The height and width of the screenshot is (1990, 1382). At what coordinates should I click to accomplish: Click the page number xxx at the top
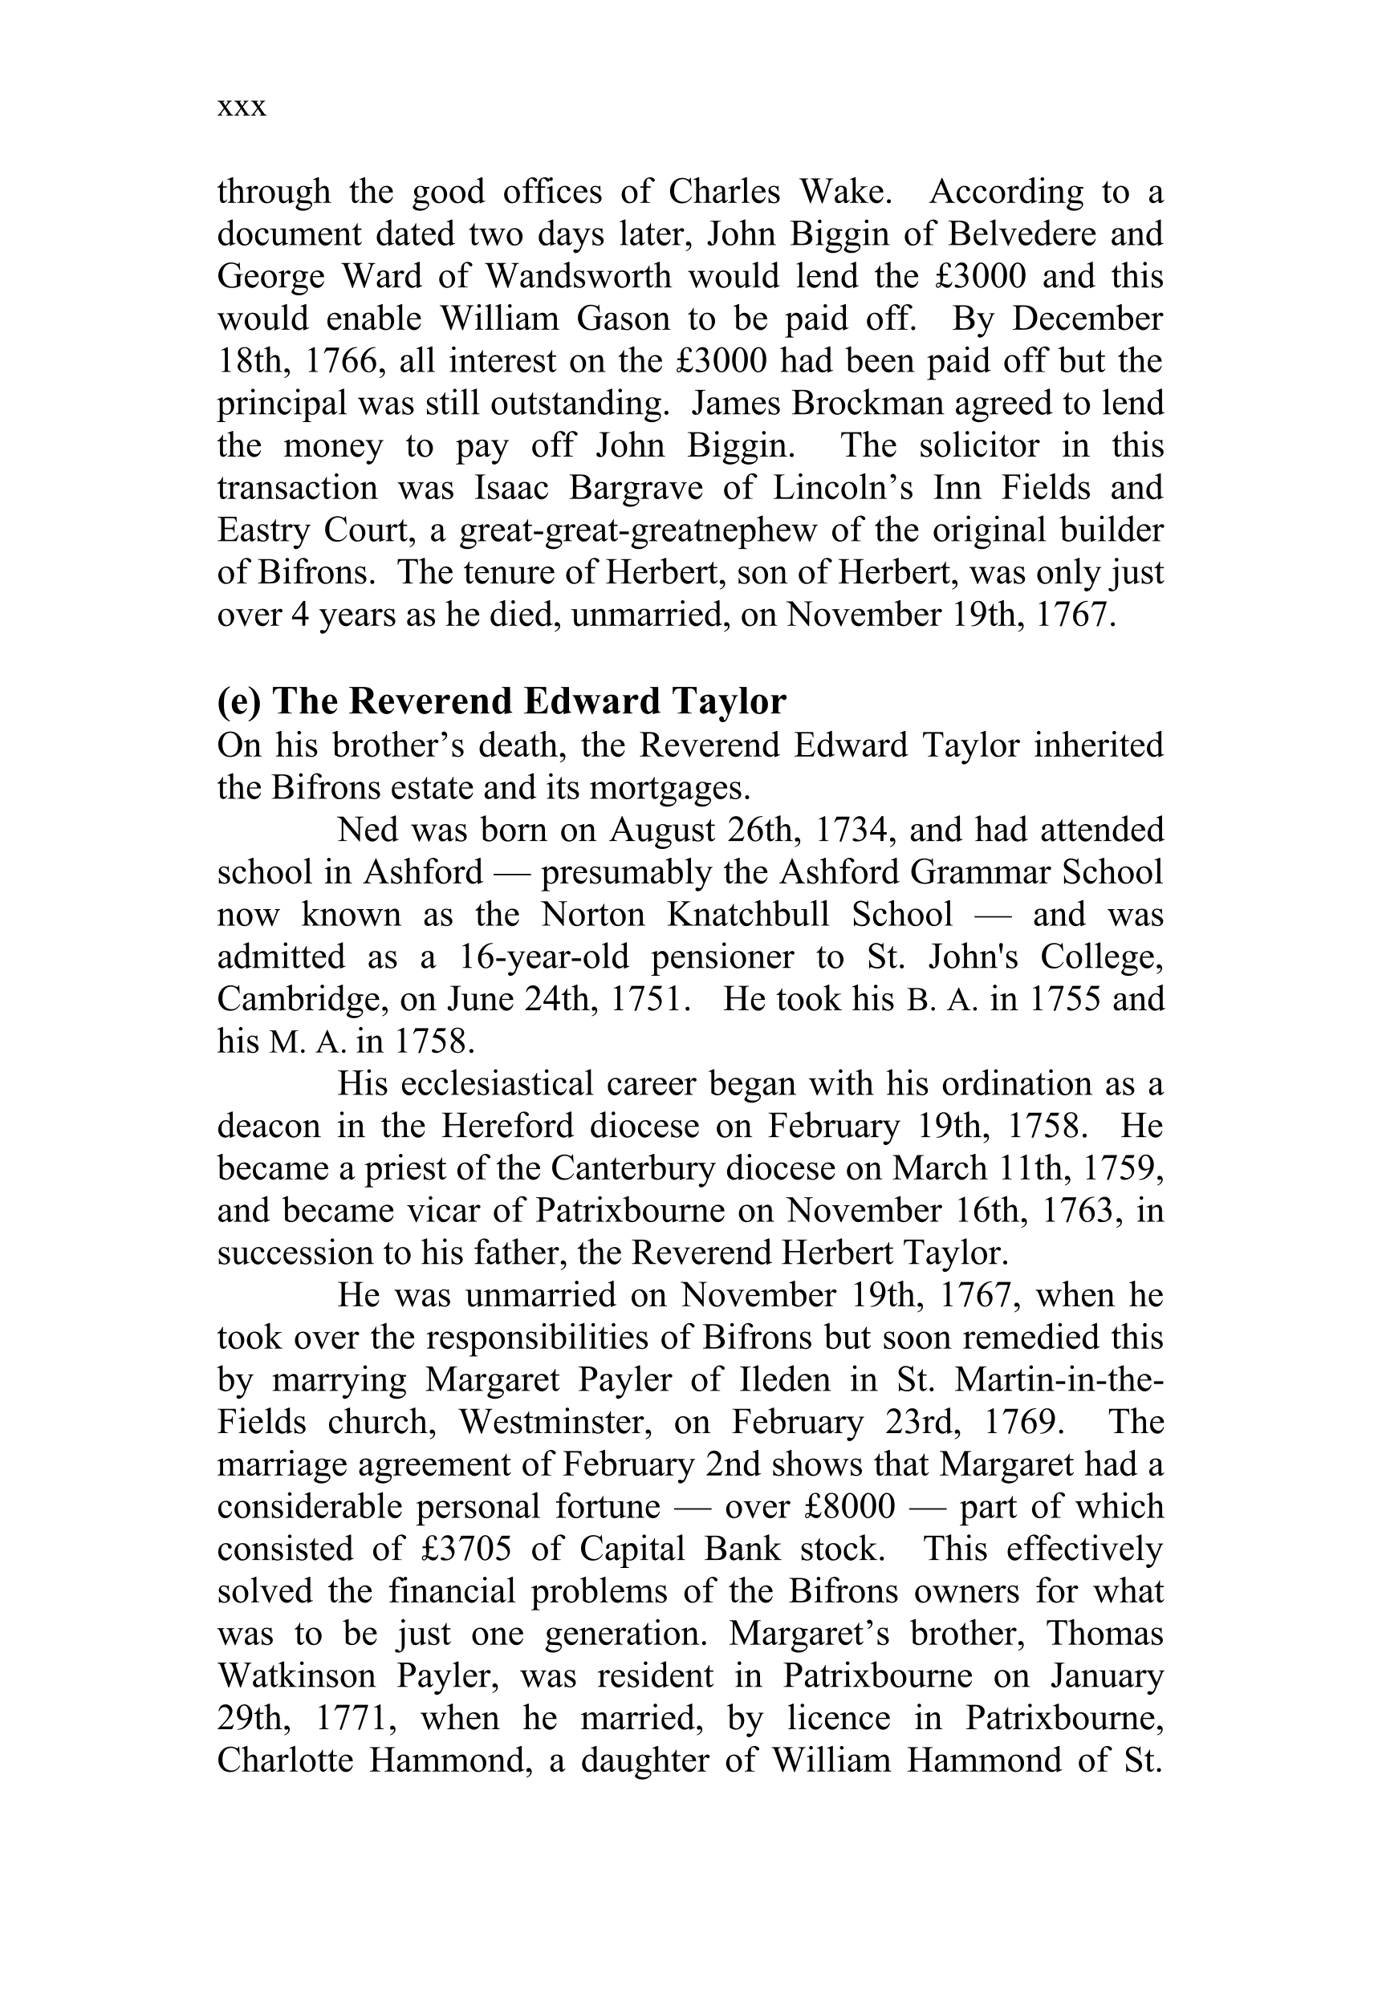pyautogui.click(x=242, y=108)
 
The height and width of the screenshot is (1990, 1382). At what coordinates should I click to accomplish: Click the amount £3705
pyautogui.click(x=465, y=1549)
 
